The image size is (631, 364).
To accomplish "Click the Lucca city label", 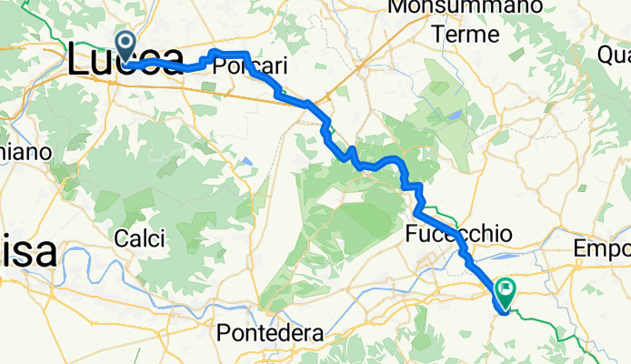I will pyautogui.click(x=127, y=63).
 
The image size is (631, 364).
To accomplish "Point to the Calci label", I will pyautogui.click(x=140, y=239).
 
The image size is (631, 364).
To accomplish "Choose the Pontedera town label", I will pyautogui.click(x=270, y=333).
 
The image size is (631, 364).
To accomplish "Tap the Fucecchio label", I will pyautogui.click(x=458, y=235).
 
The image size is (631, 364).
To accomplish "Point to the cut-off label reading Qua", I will pyautogui.click(x=614, y=55).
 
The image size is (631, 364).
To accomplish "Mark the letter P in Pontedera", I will pyautogui.click(x=223, y=333).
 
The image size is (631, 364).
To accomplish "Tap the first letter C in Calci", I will pyautogui.click(x=122, y=239).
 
